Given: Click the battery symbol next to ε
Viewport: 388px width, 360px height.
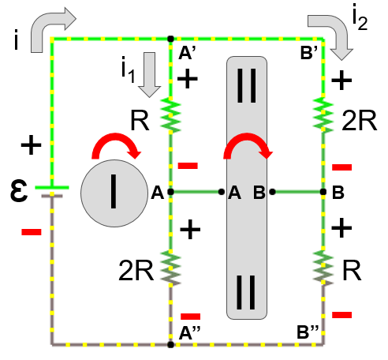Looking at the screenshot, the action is tap(52, 192).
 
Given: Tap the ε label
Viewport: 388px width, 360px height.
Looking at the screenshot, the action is tap(19, 190).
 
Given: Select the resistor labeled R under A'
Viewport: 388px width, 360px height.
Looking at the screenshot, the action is tap(170, 115).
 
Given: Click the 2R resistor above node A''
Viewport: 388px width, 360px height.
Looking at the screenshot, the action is tap(170, 268).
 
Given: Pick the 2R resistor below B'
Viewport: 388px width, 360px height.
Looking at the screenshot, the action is tap(323, 115).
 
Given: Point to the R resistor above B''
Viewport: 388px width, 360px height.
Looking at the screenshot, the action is tap(323, 268).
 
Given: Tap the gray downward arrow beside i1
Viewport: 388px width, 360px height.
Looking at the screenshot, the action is tap(149, 75).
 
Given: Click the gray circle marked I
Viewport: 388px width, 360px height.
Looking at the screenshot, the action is tap(114, 193).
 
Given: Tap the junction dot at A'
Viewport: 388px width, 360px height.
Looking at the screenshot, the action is tap(170, 39).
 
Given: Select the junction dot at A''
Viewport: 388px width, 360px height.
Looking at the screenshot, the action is tap(170, 344).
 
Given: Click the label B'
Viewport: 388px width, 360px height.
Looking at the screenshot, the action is tap(309, 52).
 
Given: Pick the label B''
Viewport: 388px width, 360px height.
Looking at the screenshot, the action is tap(308, 332).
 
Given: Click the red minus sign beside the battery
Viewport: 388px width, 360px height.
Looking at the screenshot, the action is tap(32, 232).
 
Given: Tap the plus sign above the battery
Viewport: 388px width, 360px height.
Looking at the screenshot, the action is tap(31, 145).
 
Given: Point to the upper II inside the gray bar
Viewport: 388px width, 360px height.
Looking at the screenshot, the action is tap(247, 85).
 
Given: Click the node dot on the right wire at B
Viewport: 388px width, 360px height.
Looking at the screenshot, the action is tap(323, 192).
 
